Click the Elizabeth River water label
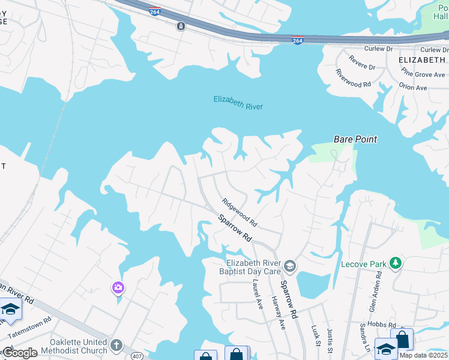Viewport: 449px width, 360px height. [238, 103]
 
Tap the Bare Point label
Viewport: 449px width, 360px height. [355, 139]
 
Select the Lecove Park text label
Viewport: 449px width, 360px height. [364, 264]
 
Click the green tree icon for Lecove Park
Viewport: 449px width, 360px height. [395, 263]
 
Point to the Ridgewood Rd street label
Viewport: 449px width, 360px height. [239, 212]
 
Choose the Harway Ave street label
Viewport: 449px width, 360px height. [279, 313]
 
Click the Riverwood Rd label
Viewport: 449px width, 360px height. [354, 78]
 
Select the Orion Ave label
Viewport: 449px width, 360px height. [413, 87]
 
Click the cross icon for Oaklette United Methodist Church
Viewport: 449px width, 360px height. [116, 346]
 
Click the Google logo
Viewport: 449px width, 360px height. [20, 353]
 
